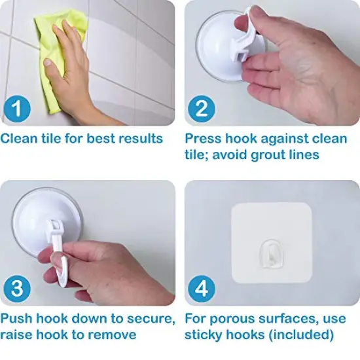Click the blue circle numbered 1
[x=17, y=109]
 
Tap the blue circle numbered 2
[x=202, y=109]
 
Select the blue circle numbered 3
[x=17, y=289]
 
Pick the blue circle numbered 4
[x=202, y=289]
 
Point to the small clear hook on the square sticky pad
[x=272, y=254]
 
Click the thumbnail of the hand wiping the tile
[x=88, y=63]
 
